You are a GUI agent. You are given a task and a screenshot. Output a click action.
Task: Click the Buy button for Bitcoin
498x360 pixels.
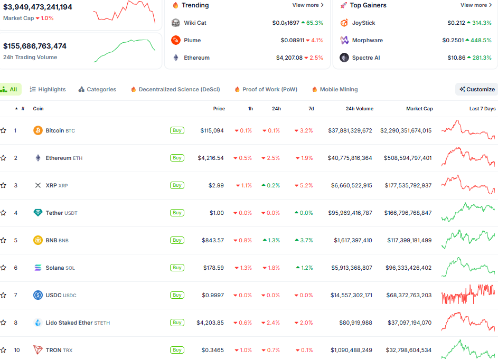pos(177,130)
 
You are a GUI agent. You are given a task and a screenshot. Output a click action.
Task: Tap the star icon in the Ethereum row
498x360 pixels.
pos(4,158)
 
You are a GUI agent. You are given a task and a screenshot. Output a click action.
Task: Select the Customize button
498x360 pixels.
pos(477,89)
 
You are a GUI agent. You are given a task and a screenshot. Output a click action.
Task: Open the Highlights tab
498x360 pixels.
pos(48,89)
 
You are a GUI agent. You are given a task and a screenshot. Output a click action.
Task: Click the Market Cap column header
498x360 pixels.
pos(419,109)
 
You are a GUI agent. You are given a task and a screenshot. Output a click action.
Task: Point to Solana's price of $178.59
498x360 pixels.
pos(213,268)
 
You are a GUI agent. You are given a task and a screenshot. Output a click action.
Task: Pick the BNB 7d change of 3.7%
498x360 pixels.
pos(304,240)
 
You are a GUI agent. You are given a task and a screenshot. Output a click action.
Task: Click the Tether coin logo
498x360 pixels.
pos(38,213)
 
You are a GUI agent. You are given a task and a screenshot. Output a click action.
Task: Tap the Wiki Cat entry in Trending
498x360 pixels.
pos(194,23)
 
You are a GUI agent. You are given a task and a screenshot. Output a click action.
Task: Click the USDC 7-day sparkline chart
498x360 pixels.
pos(468,295)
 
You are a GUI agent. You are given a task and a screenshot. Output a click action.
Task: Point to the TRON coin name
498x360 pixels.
pos(54,350)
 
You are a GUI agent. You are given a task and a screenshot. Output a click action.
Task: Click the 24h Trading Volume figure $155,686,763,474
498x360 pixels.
pos(35,46)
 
